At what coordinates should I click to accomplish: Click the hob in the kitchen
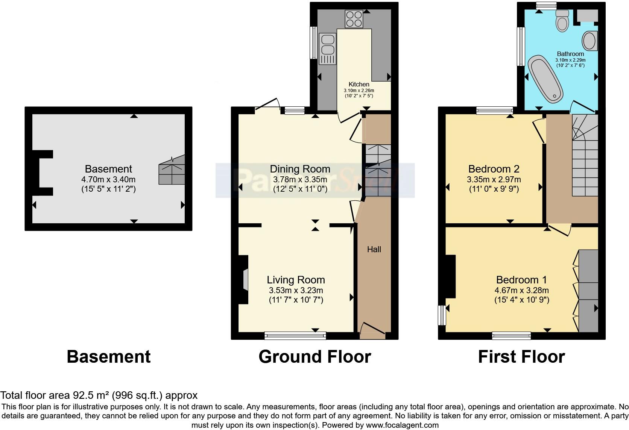(x=354, y=19)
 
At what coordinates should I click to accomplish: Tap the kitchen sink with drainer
(x=327, y=49)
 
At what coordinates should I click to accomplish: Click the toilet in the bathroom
(x=563, y=20)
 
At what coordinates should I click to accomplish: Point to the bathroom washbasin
(x=589, y=41)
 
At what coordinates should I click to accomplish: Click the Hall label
(x=374, y=250)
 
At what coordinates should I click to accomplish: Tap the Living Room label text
(x=296, y=280)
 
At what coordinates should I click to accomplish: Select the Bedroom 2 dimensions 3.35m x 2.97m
(x=494, y=180)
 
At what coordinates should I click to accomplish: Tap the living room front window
(x=295, y=336)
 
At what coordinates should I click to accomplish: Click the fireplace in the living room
(x=244, y=279)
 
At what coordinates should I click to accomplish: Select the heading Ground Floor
(x=314, y=356)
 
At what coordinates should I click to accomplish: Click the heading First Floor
(x=521, y=356)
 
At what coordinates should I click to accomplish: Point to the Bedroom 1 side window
(x=442, y=315)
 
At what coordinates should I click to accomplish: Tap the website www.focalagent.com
(x=402, y=425)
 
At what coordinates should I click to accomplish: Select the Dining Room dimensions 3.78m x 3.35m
(x=300, y=180)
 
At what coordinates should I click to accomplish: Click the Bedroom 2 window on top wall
(x=494, y=111)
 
